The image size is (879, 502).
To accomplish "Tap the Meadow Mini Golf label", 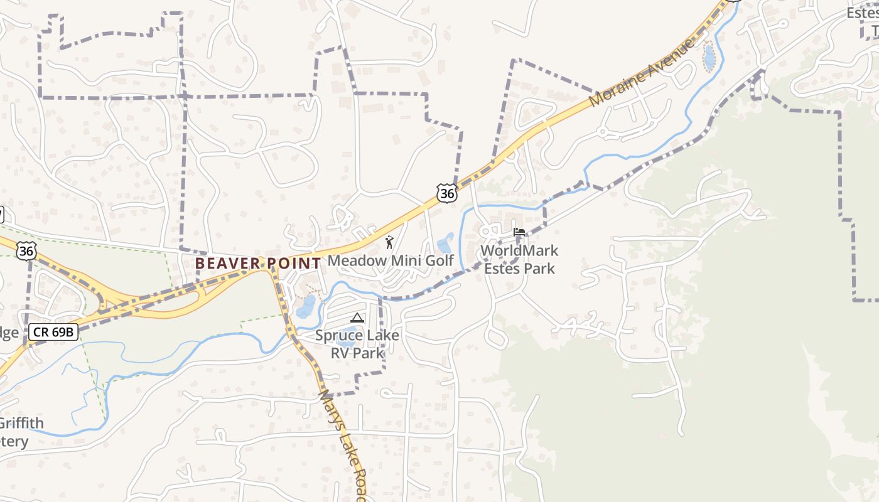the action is point(391,260).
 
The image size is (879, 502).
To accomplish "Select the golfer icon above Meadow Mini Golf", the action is point(389,242).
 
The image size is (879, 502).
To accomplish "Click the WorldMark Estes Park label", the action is point(519,259).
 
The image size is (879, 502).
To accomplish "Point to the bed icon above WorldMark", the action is point(519,232).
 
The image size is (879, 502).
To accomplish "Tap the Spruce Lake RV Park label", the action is point(357,344).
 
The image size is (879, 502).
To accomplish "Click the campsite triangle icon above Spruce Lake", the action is point(357,318).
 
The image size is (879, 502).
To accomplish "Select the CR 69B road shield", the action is point(53,332).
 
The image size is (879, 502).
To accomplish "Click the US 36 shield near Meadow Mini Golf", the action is point(447,193).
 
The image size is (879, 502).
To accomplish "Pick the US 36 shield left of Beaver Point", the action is point(26,251).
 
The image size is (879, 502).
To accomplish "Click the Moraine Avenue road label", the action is point(643,72).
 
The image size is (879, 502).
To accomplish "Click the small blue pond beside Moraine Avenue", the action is point(709,58).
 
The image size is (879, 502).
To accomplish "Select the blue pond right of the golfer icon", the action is point(445,243).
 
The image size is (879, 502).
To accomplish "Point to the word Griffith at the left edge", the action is point(23,423).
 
